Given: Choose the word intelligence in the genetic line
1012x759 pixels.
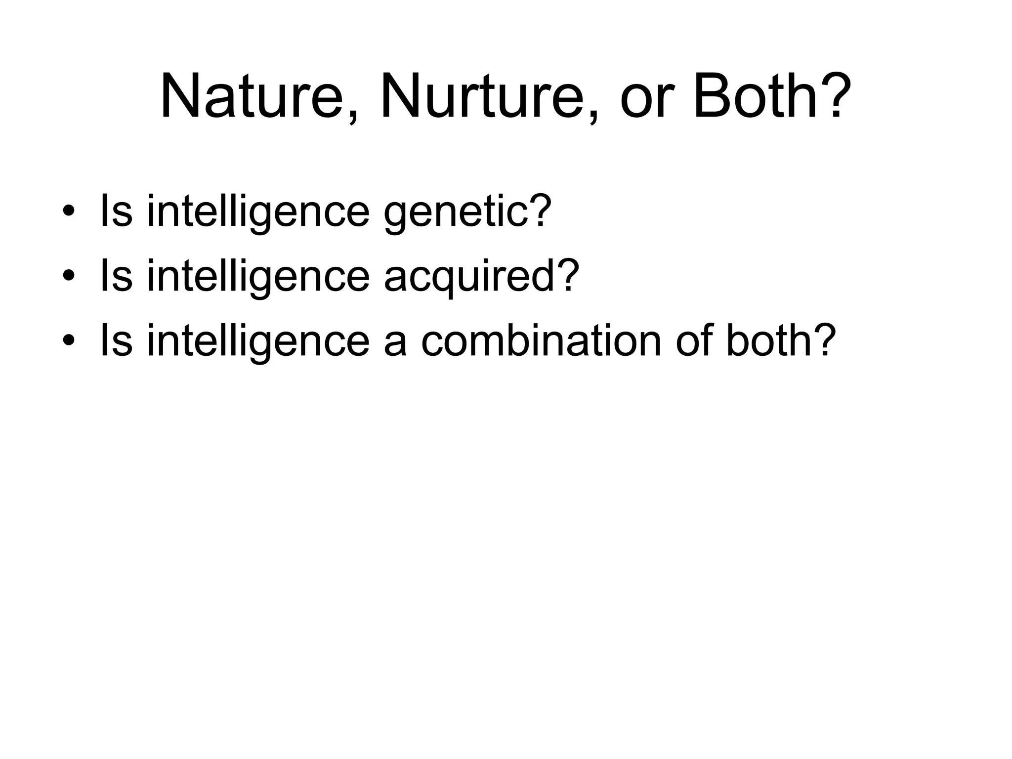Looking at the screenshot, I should [258, 212].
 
